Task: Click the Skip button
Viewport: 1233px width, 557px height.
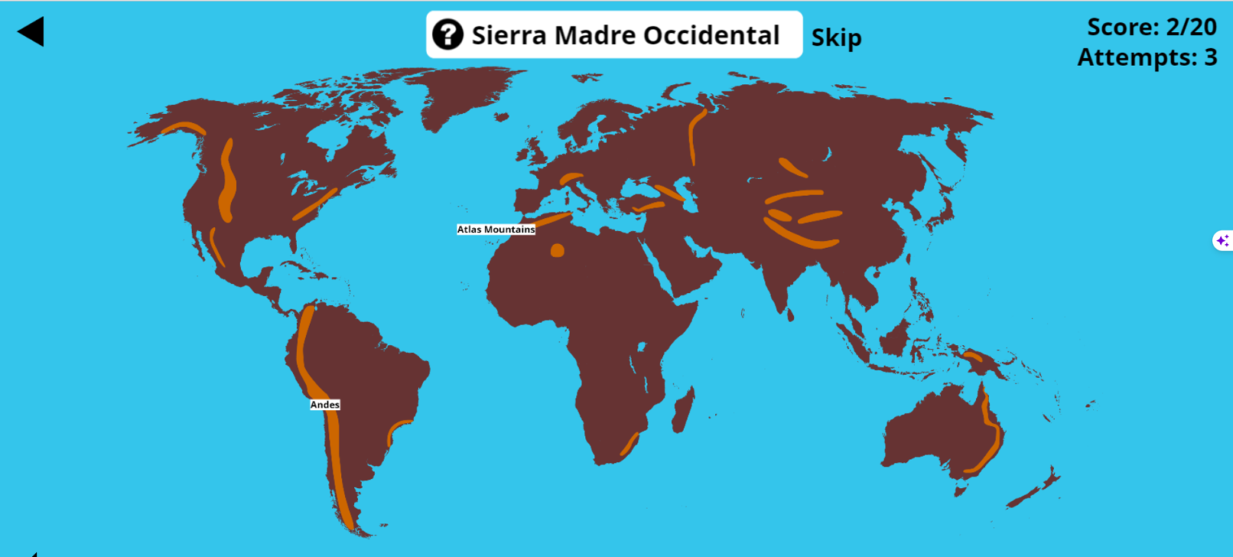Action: coord(836,38)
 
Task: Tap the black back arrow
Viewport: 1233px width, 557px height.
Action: coord(31,32)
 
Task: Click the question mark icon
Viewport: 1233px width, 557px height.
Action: coord(447,35)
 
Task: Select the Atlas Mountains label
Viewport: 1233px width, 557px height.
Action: coord(495,230)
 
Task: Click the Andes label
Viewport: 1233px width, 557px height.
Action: coord(325,405)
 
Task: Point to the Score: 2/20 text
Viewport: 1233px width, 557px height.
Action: coord(1151,26)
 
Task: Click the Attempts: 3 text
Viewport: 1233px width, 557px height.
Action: coord(1146,57)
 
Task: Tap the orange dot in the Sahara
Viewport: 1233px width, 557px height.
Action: coord(557,251)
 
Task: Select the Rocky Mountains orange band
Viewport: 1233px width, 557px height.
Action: coord(227,181)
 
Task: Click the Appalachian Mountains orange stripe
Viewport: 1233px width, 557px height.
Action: coord(315,205)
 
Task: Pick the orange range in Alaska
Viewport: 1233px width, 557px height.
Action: coord(183,128)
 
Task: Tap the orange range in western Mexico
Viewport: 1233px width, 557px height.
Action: coord(217,247)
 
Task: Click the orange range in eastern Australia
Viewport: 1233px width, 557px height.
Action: coord(992,433)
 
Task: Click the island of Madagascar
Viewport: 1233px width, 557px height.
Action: coord(682,408)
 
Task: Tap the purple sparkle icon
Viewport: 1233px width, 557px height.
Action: coord(1222,240)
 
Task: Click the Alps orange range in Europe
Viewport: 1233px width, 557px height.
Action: coord(571,178)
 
